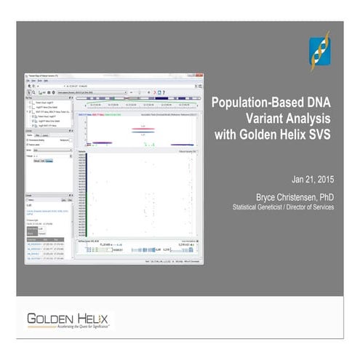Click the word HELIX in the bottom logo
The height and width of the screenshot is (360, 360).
(x=94, y=318)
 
